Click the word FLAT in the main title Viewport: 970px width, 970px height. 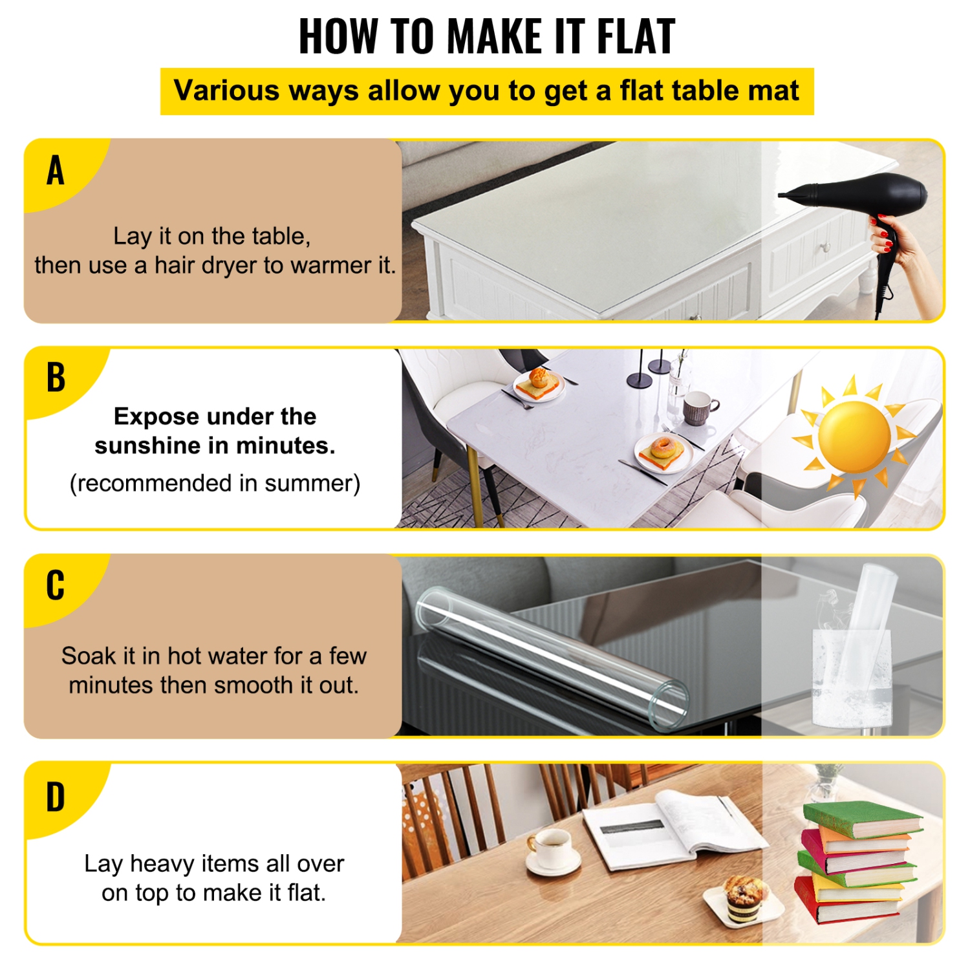tap(636, 37)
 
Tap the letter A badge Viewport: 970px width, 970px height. tap(56, 171)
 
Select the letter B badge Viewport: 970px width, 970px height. tap(56, 378)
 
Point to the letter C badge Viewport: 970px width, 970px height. tap(56, 585)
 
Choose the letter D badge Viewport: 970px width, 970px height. tap(56, 797)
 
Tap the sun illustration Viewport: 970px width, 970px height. tap(854, 436)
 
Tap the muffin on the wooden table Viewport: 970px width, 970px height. tap(744, 896)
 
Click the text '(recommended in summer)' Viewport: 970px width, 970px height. tap(215, 484)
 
